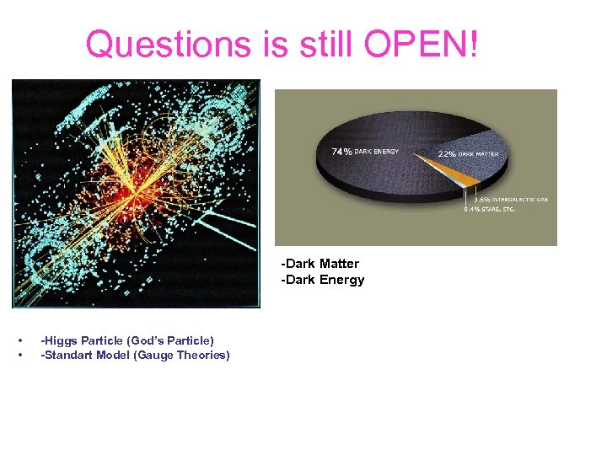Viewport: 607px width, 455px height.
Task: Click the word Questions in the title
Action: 168,44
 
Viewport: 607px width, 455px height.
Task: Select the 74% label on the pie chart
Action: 341,152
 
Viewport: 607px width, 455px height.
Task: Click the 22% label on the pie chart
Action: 445,154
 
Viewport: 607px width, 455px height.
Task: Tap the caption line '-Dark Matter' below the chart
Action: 320,264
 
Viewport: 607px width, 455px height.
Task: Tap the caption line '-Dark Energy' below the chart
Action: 323,280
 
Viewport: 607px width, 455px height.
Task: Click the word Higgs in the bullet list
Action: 62,340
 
